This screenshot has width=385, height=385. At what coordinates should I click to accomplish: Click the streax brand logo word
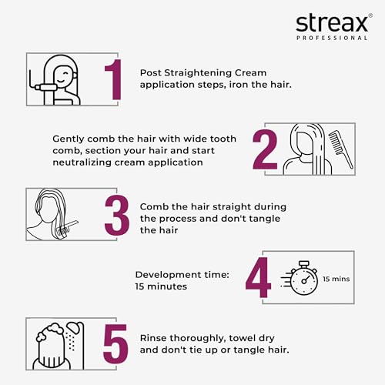[332, 23]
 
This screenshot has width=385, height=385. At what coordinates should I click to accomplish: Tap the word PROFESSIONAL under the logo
[332, 38]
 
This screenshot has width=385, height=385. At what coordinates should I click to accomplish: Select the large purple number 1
[113, 79]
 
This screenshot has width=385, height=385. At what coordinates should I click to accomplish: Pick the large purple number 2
[265, 149]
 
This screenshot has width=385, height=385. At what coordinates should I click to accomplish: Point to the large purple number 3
[117, 215]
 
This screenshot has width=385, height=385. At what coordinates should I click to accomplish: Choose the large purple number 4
[258, 277]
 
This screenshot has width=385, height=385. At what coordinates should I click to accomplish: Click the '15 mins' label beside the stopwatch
[336, 279]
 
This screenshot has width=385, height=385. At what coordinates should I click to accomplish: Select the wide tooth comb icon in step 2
[341, 149]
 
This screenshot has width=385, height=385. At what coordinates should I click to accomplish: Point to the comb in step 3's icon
[68, 228]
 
